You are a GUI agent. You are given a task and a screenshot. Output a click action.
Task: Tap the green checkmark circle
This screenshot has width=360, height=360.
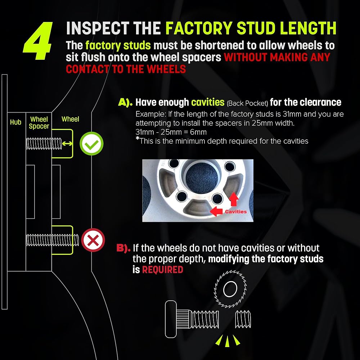click(91, 144)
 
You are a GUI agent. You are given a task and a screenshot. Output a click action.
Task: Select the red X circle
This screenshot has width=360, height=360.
click(93, 240)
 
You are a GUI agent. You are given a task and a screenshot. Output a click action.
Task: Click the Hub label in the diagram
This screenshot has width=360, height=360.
click(15, 122)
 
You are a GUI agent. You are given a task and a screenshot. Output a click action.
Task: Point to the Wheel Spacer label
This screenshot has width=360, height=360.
click(39, 123)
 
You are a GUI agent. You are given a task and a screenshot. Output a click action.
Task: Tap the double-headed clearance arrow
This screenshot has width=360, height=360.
click(67, 144)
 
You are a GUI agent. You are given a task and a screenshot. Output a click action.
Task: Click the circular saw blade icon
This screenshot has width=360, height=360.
click(230, 289)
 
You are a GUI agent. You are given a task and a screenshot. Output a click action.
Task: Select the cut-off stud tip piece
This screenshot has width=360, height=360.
click(243, 319)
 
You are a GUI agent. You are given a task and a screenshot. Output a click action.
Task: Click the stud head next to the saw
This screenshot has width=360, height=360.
click(171, 319)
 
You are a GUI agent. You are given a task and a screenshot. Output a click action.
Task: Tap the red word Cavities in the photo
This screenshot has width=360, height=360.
click(236, 212)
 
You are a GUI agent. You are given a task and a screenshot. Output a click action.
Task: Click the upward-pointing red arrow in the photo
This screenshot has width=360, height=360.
click(234, 199)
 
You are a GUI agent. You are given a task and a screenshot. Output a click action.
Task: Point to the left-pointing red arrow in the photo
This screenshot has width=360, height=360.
click(216, 211)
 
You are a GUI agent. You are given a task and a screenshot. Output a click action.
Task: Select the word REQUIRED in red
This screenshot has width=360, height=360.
click(163, 270)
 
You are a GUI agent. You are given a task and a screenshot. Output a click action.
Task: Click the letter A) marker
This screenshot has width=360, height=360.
click(125, 102)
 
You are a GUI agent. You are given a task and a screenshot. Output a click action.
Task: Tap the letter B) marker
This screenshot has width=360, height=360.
click(123, 248)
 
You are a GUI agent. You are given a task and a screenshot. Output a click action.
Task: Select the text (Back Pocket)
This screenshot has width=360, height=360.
click(247, 103)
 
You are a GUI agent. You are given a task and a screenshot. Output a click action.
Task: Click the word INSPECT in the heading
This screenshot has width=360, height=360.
click(97, 28)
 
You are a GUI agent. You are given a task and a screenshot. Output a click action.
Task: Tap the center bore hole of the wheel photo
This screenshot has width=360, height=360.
click(201, 178)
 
